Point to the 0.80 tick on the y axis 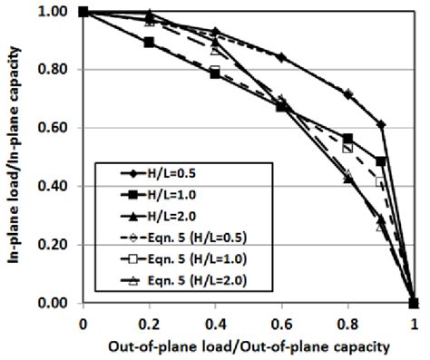click(x=59, y=70)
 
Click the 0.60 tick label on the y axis click(x=59, y=128)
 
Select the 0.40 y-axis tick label click(x=59, y=187)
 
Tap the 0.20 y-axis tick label click(x=59, y=245)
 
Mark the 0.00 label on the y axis click(x=59, y=303)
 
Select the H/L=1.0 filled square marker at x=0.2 click(x=149, y=43)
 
